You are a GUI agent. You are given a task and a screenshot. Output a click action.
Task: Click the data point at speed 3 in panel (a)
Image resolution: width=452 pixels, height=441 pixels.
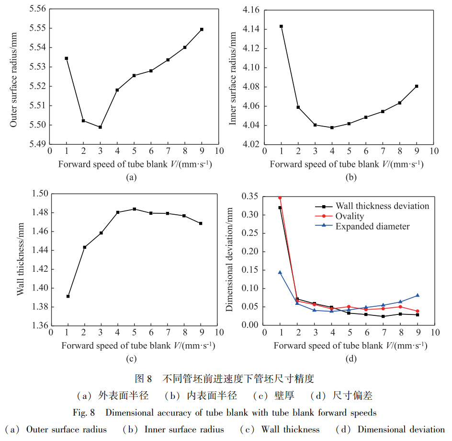[x=100, y=127]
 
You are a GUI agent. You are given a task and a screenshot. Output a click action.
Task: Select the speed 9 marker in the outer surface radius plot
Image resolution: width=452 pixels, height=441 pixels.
[x=202, y=29]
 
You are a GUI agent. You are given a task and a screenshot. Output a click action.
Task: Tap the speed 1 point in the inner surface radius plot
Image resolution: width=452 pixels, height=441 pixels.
[x=281, y=26]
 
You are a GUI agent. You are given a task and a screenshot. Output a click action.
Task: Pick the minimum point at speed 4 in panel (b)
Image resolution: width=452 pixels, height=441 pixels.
[x=332, y=128]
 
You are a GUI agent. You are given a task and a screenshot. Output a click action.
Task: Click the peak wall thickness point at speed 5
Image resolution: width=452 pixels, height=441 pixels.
[x=134, y=209]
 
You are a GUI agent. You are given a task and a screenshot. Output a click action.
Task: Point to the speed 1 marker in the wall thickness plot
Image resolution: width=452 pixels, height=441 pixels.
[x=68, y=296]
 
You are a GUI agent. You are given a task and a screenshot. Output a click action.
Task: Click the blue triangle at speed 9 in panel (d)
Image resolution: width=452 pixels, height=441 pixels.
[x=417, y=295]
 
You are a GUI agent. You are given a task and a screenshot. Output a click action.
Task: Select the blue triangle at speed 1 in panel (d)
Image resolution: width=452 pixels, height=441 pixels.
[x=280, y=272]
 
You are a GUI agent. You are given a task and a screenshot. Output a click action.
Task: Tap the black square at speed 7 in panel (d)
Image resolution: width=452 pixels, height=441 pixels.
[x=383, y=316]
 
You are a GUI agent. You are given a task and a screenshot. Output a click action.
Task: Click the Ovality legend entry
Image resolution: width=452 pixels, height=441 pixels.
[x=350, y=216]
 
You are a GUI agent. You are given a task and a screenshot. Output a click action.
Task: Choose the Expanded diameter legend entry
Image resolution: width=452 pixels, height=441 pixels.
[x=373, y=226]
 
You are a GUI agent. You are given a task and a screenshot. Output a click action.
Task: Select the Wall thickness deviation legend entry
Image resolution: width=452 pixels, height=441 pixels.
[x=382, y=206]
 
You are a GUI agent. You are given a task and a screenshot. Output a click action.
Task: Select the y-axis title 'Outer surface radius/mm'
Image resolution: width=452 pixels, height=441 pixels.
[x=13, y=77]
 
